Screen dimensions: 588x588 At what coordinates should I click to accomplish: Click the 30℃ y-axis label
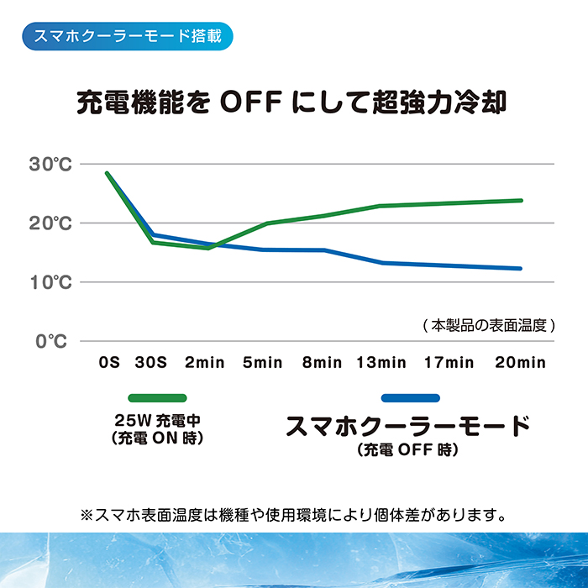51,165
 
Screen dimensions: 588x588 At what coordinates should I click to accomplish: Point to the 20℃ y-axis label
51,223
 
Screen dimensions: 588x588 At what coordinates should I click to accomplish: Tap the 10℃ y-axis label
51,282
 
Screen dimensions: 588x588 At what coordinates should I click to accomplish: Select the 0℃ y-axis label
51,341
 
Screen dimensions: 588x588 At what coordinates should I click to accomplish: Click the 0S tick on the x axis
109,363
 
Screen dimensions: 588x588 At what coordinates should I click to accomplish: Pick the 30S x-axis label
151,363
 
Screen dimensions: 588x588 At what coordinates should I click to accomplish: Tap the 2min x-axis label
204,363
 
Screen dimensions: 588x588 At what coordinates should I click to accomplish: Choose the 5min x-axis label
262,363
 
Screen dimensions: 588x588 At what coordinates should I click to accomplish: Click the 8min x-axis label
322,363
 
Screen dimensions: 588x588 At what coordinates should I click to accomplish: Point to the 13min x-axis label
381,363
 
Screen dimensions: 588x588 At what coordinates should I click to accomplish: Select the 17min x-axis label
449,363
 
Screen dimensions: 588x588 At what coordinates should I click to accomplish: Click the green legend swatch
157,397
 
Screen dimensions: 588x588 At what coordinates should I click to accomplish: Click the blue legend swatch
410,397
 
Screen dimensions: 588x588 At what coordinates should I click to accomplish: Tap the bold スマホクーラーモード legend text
409,426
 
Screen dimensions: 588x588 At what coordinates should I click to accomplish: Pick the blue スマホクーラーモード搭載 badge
124,38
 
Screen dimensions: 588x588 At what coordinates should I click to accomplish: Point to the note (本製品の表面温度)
488,325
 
